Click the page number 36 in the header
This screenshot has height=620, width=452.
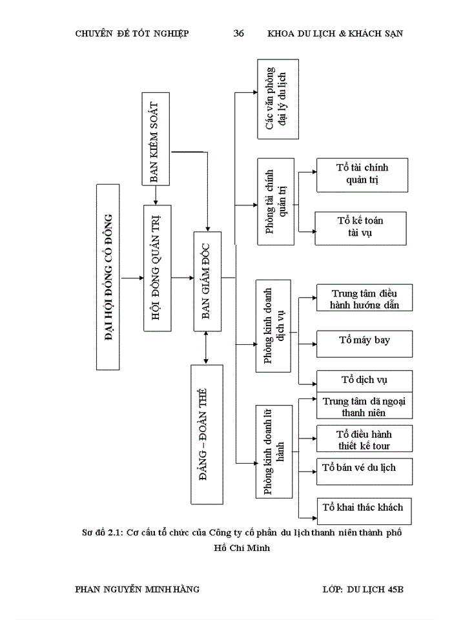(x=238, y=34)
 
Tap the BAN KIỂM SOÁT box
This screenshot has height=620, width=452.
(x=156, y=139)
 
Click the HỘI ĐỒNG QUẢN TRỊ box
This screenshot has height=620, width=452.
(x=156, y=268)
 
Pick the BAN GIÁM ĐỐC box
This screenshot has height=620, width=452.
(x=207, y=281)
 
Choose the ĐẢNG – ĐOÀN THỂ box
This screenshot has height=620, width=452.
(x=207, y=434)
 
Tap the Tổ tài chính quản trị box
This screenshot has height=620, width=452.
(x=362, y=174)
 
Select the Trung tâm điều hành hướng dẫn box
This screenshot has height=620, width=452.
(x=364, y=298)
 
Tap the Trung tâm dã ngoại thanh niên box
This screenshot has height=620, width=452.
(x=364, y=406)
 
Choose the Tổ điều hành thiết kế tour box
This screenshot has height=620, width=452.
(x=364, y=439)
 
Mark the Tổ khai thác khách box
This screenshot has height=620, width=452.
(x=364, y=508)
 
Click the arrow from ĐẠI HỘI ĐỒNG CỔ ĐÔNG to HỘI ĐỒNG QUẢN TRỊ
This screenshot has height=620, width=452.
(x=132, y=278)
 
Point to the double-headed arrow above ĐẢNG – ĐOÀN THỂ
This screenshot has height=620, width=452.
(x=206, y=347)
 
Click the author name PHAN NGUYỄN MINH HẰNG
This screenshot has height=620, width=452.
(x=138, y=589)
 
